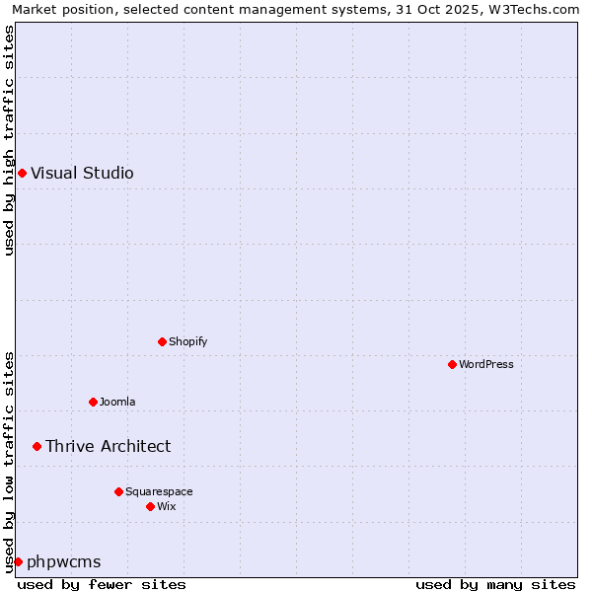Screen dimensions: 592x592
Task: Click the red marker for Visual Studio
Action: (22, 174)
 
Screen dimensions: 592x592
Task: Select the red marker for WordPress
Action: (452, 365)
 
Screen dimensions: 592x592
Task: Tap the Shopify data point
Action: (162, 342)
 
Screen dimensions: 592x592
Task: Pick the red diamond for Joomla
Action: (93, 403)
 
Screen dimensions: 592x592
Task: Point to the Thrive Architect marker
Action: (37, 447)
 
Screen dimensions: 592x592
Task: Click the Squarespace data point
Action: (118, 492)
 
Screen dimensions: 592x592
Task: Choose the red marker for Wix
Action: (150, 507)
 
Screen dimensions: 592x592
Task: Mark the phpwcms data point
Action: (18, 562)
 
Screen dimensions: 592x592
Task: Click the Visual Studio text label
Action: (82, 174)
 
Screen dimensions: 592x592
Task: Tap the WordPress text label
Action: (485, 365)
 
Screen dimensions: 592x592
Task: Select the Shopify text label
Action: (187, 342)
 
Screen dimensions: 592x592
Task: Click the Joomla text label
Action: (117, 403)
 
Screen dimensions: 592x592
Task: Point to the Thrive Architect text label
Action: (108, 447)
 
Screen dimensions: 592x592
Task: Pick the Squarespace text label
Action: (159, 492)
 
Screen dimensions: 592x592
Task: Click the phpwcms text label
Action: (63, 562)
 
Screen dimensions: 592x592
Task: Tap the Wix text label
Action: (166, 507)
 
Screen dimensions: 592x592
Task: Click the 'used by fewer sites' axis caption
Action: (102, 584)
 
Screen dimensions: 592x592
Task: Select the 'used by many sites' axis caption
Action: (495, 584)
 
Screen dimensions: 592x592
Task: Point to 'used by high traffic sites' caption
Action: (10, 140)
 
